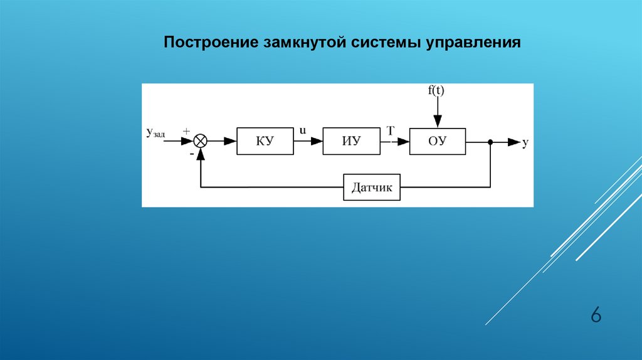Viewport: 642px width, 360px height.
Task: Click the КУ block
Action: [265, 141]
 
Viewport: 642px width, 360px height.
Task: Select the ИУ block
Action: [351, 141]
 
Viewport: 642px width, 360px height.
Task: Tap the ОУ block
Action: [437, 141]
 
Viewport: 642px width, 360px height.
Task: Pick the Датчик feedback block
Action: [372, 187]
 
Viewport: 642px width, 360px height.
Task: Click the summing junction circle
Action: [200, 141]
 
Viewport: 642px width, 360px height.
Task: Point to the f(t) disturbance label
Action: [436, 90]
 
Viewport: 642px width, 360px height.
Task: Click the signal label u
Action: [303, 130]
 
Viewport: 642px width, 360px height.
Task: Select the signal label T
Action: [391, 130]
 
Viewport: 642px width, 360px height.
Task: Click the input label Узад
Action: [155, 133]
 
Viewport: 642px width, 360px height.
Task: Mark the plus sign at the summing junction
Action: [186, 132]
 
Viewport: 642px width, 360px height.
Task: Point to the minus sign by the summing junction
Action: [192, 154]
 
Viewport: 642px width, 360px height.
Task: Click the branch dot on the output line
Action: [490, 142]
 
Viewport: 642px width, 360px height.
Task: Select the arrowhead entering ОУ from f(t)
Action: [437, 122]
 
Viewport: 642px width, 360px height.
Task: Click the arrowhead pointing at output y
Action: [514, 142]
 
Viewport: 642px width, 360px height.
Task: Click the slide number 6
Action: [596, 315]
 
